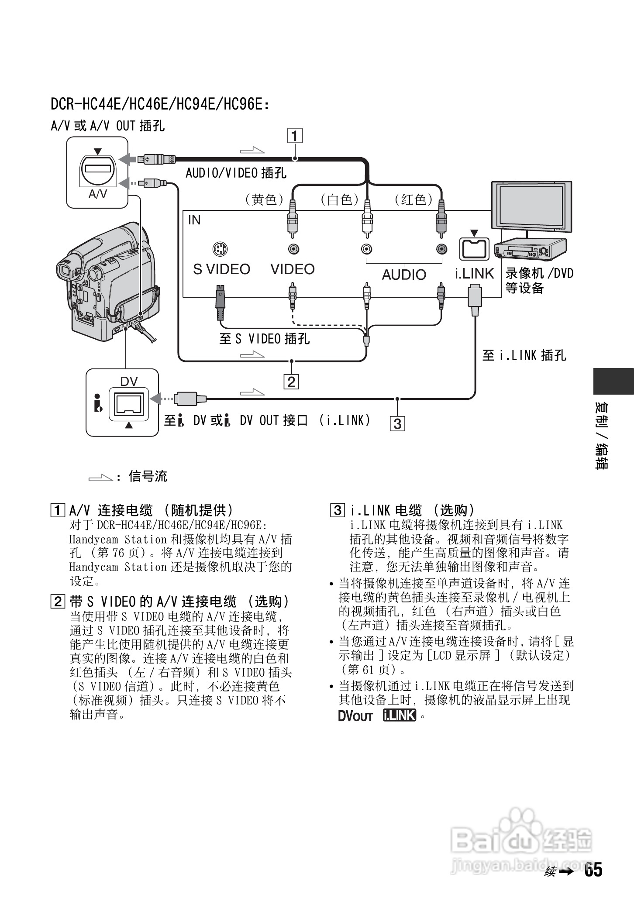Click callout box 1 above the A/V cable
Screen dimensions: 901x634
click(295, 136)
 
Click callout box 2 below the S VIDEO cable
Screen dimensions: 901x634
click(291, 382)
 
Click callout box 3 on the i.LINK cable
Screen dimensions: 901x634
click(397, 423)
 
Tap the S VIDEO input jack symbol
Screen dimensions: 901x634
click(220, 250)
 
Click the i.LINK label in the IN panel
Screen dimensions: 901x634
click(474, 274)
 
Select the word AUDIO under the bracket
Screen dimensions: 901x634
click(404, 275)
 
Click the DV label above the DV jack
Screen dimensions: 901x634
click(129, 382)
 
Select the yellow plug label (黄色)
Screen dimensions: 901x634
click(264, 199)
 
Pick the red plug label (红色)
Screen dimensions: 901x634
click(413, 199)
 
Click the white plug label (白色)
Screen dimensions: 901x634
click(339, 199)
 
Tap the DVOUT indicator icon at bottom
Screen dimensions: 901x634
click(355, 716)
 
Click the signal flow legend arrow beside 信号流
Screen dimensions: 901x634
click(100, 477)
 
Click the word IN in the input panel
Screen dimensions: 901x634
click(194, 220)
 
